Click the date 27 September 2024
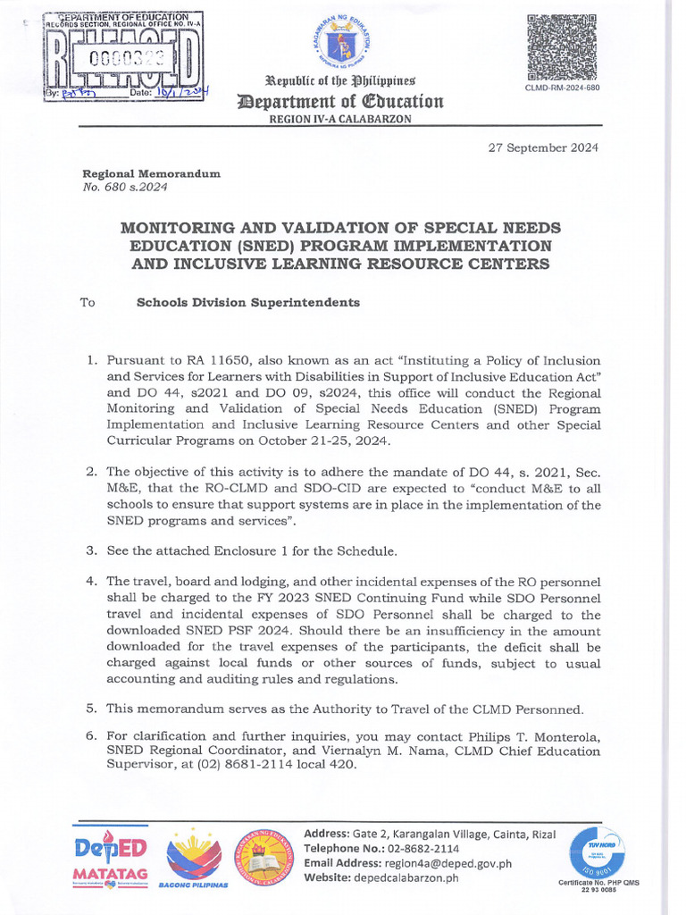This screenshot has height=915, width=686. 543,147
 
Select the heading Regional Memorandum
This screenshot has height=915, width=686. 151,173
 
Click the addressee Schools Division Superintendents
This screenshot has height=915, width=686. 248,302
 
